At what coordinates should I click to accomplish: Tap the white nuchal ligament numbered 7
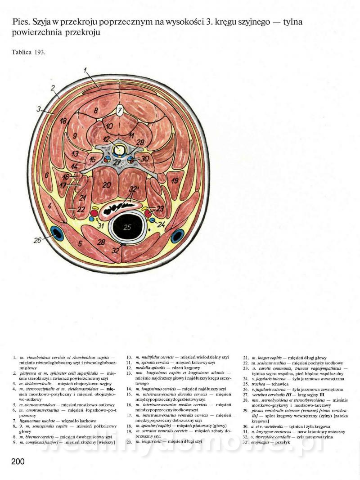point(120,111)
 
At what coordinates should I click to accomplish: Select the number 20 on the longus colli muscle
point(106,185)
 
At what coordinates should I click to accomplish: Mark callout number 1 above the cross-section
point(85,70)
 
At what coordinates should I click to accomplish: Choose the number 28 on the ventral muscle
point(101,242)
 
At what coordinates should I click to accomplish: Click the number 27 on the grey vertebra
point(117,162)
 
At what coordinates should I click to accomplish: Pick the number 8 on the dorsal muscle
point(95,110)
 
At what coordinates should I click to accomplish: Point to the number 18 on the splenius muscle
point(63,121)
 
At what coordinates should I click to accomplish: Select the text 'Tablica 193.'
point(29,52)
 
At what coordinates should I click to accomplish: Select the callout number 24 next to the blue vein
point(162,224)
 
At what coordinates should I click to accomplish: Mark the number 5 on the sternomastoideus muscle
point(79,244)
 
